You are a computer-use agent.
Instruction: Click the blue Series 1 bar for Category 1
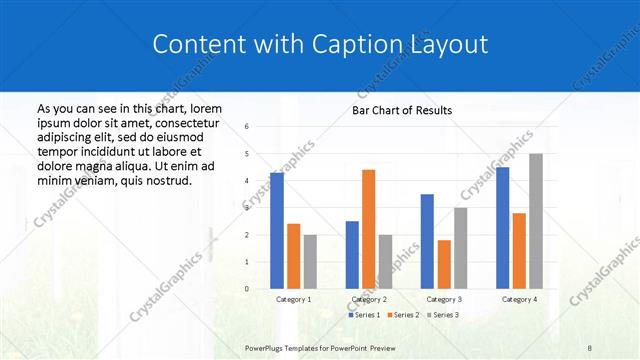pos(276,231)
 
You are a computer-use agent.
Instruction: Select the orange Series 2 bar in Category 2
pos(368,229)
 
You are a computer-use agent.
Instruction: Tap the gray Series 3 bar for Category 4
pos(535,221)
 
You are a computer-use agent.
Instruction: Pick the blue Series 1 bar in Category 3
pos(427,241)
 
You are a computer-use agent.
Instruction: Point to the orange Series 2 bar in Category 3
pos(443,264)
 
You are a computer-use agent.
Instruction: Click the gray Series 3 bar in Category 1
pos(310,262)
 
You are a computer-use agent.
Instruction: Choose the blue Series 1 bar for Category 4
pos(502,228)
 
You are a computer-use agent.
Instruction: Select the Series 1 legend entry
pos(365,315)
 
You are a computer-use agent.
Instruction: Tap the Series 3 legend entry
pos(442,315)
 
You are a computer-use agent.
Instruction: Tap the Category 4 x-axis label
pos(518,299)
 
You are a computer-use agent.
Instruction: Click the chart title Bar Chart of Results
pos(402,110)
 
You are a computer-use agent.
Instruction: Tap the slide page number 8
pos(590,347)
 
